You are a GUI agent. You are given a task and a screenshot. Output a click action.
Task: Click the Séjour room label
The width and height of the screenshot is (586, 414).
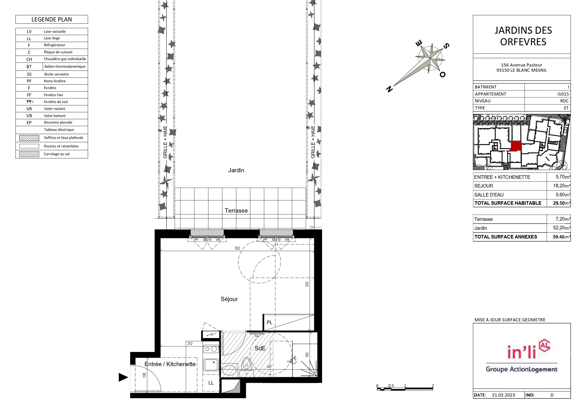(x=229, y=299)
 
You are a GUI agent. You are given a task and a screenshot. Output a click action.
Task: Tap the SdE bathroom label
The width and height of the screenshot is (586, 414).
(x=260, y=348)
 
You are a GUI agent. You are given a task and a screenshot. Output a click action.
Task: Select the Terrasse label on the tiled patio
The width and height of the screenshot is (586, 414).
(x=236, y=210)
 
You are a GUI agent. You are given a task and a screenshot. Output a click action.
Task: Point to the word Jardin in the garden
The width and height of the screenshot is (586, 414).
(x=236, y=170)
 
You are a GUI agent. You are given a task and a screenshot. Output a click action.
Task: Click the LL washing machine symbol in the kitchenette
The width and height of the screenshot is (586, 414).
(x=211, y=383)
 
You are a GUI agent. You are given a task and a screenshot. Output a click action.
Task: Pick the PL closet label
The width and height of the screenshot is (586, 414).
(x=270, y=322)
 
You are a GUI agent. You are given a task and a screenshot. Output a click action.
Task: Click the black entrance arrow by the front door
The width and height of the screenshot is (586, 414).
(x=123, y=377)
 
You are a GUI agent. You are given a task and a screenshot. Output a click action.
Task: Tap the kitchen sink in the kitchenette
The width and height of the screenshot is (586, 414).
(x=211, y=365)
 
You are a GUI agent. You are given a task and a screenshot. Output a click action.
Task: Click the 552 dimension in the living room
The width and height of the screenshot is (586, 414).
(x=237, y=248)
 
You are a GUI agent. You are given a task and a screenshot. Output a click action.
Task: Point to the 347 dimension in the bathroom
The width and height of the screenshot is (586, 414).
(x=269, y=367)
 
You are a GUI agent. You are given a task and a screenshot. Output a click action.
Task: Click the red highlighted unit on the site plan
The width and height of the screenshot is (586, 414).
(x=516, y=146)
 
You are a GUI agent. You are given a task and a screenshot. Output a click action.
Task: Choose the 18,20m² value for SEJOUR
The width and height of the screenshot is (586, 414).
(x=562, y=186)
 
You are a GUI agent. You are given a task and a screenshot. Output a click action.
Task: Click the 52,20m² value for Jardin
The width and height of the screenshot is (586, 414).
(x=562, y=228)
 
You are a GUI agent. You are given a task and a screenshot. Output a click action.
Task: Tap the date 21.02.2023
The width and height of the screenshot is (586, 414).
(x=503, y=395)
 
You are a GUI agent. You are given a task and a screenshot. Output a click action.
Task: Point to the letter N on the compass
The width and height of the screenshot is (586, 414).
(x=389, y=89)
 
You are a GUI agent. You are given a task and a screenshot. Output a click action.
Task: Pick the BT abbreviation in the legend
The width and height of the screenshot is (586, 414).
(x=29, y=67)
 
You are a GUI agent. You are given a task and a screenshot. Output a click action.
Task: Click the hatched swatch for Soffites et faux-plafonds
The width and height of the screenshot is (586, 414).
(x=29, y=138)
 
